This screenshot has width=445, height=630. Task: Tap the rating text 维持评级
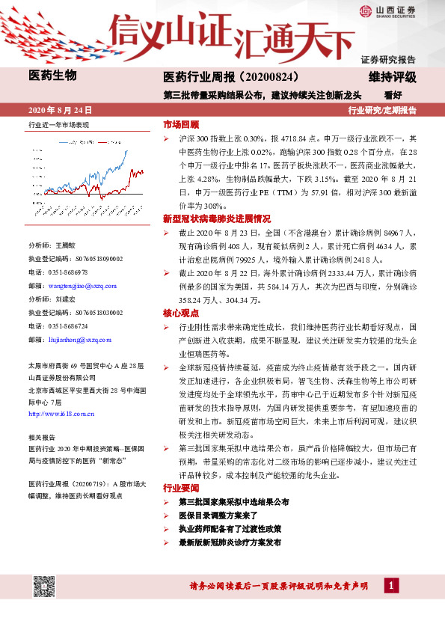click(392, 77)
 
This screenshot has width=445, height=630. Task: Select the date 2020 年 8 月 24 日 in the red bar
click(59, 110)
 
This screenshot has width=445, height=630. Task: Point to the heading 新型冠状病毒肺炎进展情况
click(216, 219)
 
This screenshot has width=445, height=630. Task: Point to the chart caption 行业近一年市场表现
click(58, 124)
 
